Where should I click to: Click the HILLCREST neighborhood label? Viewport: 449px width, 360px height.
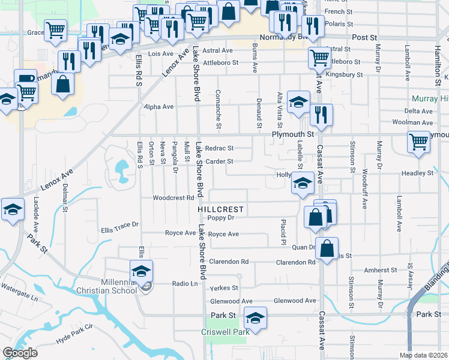tap(221, 209)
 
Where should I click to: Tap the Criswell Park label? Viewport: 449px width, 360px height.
tap(224, 331)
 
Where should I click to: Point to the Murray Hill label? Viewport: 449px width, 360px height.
tap(427, 98)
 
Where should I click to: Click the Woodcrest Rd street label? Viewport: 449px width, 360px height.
tap(173, 197)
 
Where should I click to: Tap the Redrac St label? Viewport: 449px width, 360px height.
tap(218, 148)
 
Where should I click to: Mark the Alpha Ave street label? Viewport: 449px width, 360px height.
tap(158, 107)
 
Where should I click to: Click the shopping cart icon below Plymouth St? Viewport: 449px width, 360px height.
tap(419, 143)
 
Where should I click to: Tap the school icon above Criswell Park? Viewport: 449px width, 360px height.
tap(256, 317)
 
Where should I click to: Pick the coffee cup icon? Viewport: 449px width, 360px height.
tap(25, 80)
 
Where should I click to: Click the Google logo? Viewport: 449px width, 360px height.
tap(19, 353)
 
